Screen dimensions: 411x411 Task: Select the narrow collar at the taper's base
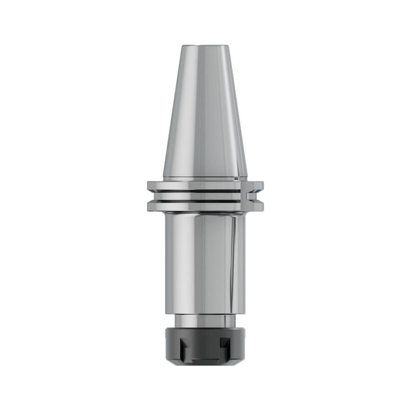point(204,179)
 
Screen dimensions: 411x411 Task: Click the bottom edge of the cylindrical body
point(204,312)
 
